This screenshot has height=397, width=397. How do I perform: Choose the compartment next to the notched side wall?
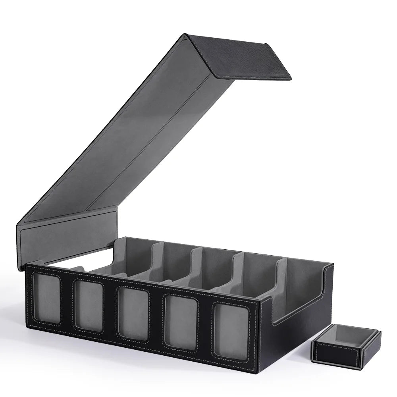pyautogui.click(x=304, y=278)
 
